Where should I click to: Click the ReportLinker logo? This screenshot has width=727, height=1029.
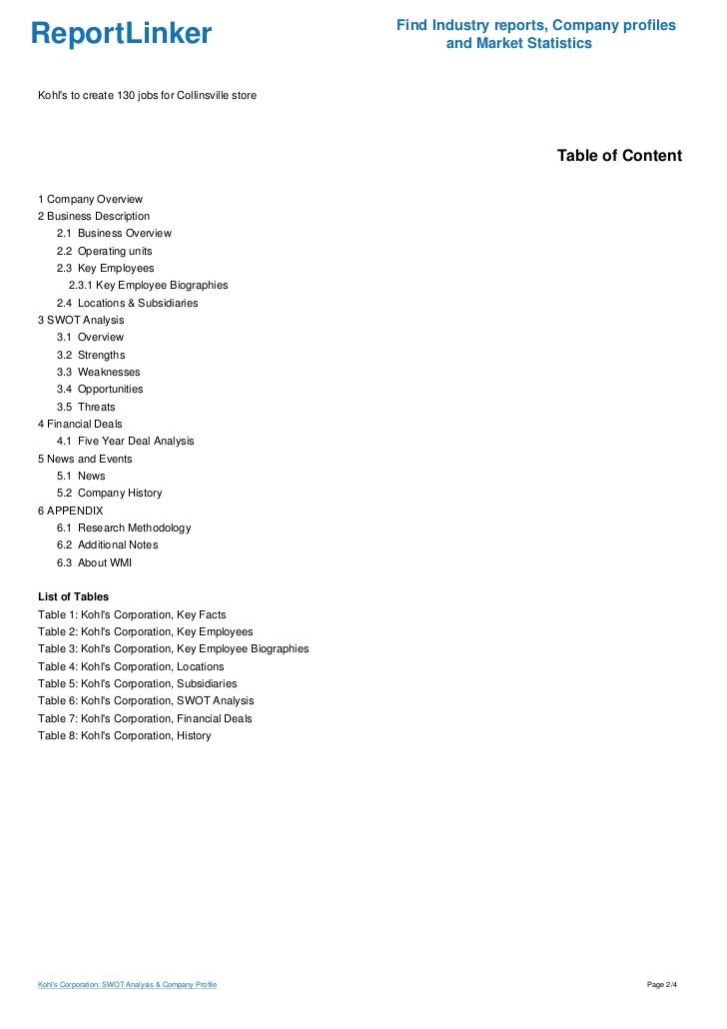122,34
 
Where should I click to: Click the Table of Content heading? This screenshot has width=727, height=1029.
619,156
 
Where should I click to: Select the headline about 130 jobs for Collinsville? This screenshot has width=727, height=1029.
147,95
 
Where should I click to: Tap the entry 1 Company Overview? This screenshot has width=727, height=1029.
90,199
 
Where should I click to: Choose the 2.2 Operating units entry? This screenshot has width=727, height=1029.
104,251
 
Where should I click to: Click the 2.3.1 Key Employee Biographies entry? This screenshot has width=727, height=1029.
148,285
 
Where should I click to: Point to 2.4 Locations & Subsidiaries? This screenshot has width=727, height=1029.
127,303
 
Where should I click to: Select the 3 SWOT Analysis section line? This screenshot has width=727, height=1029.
81,320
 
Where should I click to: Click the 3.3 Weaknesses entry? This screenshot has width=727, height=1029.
98,372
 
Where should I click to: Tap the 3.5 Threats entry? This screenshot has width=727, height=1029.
86,407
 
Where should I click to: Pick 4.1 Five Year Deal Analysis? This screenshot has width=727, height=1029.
125,441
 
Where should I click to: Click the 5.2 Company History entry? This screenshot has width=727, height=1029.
109,493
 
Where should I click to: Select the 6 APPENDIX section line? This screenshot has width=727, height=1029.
70,511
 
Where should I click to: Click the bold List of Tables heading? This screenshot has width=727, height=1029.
73,596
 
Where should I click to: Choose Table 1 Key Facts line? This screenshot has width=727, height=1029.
132,614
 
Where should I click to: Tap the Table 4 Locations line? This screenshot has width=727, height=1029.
131,666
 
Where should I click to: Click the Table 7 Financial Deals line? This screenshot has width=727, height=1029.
145,718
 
